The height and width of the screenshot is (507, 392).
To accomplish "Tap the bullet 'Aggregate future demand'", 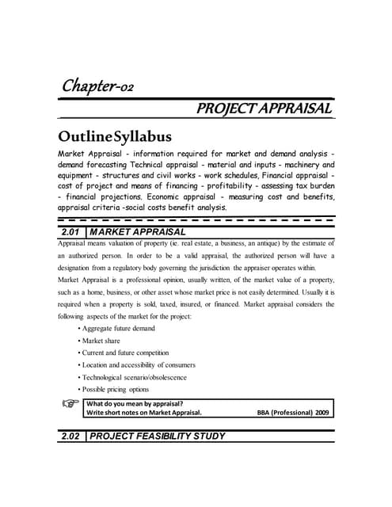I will click(x=117, y=328).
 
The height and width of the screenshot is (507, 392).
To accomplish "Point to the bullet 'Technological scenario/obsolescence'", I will click(x=133, y=377).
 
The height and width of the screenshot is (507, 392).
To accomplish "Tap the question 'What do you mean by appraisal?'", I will click(x=135, y=402).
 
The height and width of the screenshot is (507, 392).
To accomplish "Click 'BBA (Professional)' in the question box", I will click(x=283, y=412).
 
